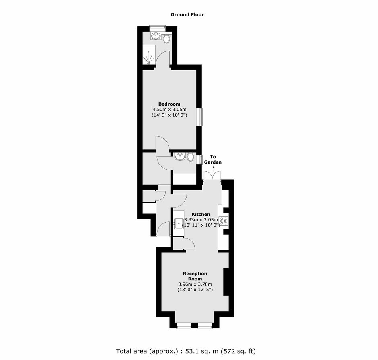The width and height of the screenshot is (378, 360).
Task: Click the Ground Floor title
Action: coord(187,15)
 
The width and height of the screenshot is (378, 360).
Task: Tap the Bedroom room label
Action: coord(169,104)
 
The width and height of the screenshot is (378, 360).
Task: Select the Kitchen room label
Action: coord(201,214)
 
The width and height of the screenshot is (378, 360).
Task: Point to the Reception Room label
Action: coord(195,276)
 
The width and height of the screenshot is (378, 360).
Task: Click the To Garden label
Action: coord(213,160)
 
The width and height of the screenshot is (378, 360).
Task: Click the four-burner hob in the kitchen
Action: coord(223,221)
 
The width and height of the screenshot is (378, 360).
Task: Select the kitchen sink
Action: coord(179,224)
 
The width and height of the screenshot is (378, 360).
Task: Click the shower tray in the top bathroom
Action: coord(148,55)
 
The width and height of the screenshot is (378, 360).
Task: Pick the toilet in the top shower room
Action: coord(166,39)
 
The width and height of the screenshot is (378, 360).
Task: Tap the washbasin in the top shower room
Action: coord(156,36)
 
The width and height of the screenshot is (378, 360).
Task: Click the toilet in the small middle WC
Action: coord(191,157)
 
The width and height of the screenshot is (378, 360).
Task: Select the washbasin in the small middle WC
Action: coord(180,157)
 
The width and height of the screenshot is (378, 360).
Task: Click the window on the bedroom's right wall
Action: coord(201,117)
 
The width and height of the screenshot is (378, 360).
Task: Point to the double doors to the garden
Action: coord(212,176)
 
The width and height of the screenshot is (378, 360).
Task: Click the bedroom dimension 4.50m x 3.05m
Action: coord(169,110)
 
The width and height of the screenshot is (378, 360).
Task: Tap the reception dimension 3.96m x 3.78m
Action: coord(195,284)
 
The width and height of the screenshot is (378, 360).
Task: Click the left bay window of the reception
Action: coord(184,326)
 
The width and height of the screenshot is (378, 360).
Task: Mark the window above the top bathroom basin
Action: coord(157,28)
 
